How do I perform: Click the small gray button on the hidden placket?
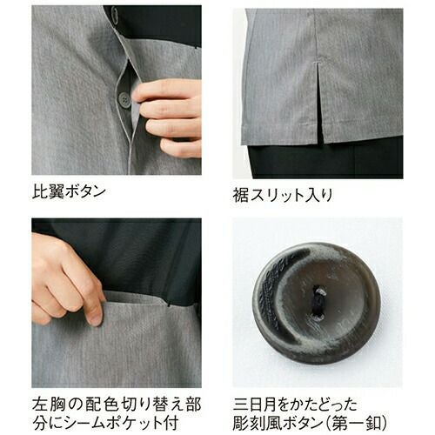[x=124, y=100]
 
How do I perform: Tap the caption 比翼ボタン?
[x=69, y=192]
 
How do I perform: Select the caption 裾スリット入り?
[x=283, y=195]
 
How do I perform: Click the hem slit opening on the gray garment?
[x=321, y=116]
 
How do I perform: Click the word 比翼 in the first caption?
[x=48, y=192]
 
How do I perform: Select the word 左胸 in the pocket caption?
[x=49, y=405]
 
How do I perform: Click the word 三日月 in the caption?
[x=255, y=405]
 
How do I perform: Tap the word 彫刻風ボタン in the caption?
[x=279, y=424]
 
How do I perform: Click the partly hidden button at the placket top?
[x=114, y=15]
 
